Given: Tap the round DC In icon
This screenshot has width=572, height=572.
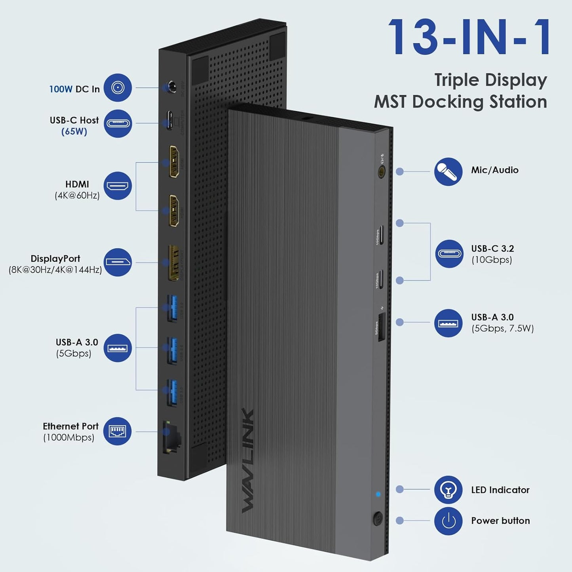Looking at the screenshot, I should click(118, 87).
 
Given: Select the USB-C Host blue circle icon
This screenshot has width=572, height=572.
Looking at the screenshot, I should click(118, 124).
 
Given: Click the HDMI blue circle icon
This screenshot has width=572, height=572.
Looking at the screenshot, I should click(118, 186).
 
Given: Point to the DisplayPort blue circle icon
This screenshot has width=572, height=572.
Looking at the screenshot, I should click(118, 262).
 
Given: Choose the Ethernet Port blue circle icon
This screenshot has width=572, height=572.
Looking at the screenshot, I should click(118, 431).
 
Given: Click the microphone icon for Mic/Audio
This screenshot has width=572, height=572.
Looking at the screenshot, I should click(448, 171).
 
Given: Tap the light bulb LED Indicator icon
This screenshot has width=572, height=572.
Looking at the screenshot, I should click(448, 490).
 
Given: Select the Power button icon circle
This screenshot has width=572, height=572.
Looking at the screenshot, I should click(448, 521).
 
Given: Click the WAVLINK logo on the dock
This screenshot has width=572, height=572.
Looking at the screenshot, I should click(248, 460).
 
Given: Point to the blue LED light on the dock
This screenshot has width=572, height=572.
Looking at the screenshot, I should click(378, 494).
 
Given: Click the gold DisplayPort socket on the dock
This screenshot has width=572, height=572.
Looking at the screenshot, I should click(173, 262).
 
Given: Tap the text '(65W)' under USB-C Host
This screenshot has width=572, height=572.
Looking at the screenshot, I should click(74, 131).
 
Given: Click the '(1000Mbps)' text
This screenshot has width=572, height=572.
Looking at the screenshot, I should click(68, 437).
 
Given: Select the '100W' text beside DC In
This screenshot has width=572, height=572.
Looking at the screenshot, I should click(61, 89).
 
